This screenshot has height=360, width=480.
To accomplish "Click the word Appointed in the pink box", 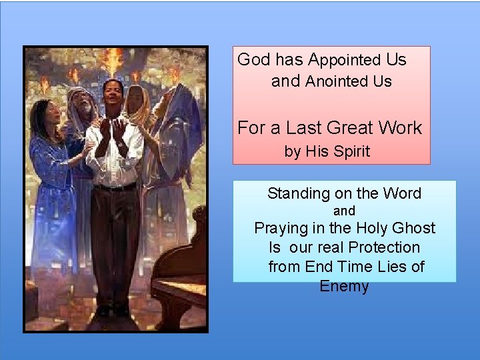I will click(343, 60).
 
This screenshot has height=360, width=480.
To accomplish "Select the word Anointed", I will click(337, 82).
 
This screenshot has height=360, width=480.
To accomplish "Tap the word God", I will click(253, 59).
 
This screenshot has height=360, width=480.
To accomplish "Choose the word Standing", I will click(299, 194).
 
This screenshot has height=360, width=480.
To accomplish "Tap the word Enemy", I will click(344, 286).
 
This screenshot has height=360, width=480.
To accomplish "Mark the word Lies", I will click(390, 267).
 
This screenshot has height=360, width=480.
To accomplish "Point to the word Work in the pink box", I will click(400, 127).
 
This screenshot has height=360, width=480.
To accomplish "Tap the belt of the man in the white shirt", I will click(115, 187).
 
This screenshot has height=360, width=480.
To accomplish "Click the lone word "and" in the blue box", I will click(344, 211).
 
